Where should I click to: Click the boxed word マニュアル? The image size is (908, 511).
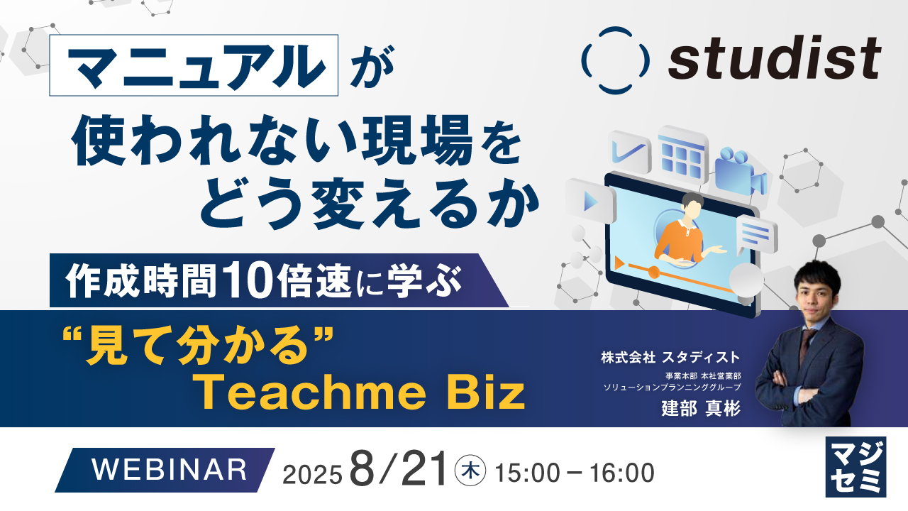click(x=194, y=65)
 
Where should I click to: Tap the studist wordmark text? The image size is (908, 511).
click(x=774, y=60)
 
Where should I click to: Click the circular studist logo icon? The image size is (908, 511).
click(x=614, y=60)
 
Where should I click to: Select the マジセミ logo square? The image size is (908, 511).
click(x=856, y=466)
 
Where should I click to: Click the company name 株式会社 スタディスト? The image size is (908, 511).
click(x=671, y=357)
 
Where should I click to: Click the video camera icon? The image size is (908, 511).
click(x=740, y=170)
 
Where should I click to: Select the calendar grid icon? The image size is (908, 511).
click(x=682, y=150)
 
